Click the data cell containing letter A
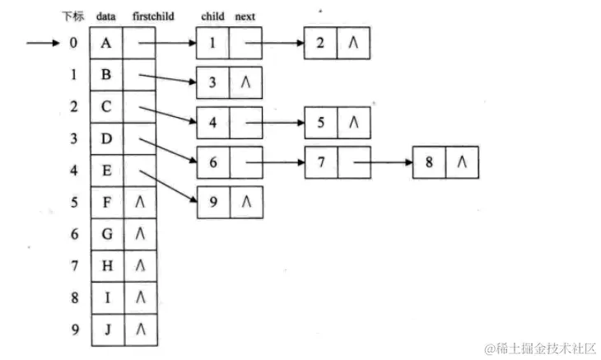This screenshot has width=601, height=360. tap(106, 44)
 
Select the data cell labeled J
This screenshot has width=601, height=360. tap(106, 330)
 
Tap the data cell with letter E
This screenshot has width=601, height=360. tap(106, 171)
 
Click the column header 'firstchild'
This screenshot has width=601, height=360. tap(152, 16)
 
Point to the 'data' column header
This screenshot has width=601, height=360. tap(105, 16)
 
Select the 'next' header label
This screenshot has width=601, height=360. tap(245, 16)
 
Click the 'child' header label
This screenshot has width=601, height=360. tap(212, 16)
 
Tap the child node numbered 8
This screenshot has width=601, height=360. tap(429, 161)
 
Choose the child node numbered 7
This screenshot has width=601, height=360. tap(321, 161)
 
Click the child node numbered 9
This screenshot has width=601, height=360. tap(212, 201)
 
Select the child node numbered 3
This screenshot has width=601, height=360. tap(212, 82)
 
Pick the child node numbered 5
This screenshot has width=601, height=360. tap(321, 122)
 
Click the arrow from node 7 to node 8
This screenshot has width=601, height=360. tap(383, 161)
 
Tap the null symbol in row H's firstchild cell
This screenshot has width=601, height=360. tap(139, 266)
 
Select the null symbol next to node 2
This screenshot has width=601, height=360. tap(353, 44)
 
